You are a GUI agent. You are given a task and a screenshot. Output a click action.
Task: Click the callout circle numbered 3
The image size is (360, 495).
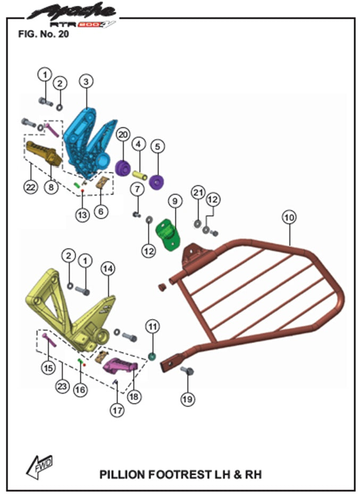coord(86,81)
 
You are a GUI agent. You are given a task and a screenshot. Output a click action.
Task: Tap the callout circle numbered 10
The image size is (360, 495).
coord(289,217)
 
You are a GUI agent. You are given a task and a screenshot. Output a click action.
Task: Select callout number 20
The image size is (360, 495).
coord(122,134)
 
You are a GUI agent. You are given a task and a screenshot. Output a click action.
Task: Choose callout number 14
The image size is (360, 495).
coord(108,269)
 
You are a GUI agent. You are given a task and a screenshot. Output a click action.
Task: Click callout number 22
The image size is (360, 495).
coord(31,187)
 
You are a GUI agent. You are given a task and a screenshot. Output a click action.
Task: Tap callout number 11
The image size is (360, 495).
coord(153,326)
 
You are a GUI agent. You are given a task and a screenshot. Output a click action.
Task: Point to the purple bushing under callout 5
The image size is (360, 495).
coord(157,181)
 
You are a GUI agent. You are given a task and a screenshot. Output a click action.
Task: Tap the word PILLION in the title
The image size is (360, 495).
coord(123,474)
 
